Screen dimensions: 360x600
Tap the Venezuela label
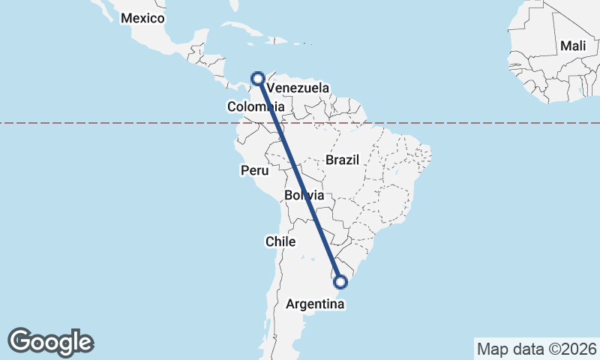tap(298, 88)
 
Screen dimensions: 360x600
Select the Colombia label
tap(255, 107)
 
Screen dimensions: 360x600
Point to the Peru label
tap(254, 171)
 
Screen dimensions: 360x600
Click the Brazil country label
tap(343, 160)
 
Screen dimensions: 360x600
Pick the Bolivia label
tap(304, 196)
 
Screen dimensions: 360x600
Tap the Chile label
tap(281, 241)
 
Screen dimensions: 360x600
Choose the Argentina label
tap(316, 305)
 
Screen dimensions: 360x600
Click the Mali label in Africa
tap(573, 46)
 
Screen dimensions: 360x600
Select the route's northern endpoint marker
tap(258, 78)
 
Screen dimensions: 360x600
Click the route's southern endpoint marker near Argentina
tap(341, 282)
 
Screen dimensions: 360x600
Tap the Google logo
tap(51, 341)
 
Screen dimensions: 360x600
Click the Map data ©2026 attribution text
tap(536, 349)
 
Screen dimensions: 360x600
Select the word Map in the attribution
tap(493, 349)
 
